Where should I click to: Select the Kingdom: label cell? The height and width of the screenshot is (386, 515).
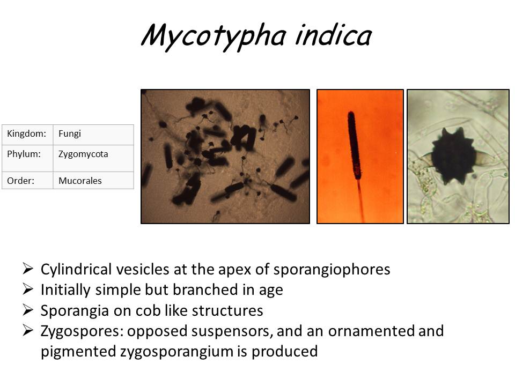27,134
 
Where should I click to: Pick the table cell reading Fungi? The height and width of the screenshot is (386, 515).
93,134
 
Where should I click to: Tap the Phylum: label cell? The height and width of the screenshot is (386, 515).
27,154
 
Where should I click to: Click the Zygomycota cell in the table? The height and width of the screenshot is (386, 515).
93,154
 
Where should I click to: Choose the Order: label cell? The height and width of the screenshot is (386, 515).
27,181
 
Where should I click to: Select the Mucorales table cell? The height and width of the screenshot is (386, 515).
93,181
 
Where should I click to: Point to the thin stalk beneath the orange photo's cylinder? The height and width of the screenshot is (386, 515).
359,198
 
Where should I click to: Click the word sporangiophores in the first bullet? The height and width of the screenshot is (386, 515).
336,269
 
